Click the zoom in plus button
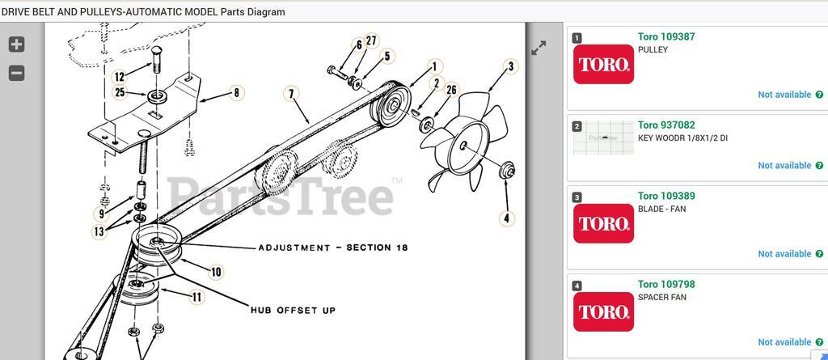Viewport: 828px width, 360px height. [x=16, y=44]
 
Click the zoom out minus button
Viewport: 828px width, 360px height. [x=16, y=73]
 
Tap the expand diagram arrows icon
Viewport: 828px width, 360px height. [x=538, y=48]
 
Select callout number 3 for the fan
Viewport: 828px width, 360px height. [x=510, y=67]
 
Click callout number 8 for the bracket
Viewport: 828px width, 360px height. [x=236, y=93]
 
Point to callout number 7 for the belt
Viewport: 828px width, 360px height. [x=291, y=94]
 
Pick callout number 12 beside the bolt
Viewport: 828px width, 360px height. [x=120, y=77]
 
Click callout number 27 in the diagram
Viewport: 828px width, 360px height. [x=372, y=40]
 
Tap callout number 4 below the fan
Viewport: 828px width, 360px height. [x=506, y=218]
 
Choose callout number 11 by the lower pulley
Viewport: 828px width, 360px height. [x=196, y=297]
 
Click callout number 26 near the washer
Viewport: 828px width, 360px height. [x=451, y=90]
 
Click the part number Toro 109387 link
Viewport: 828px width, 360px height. [x=666, y=36]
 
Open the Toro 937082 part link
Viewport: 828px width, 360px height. [x=666, y=125]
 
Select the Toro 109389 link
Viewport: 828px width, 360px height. [x=666, y=196]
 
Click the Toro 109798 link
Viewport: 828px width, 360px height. [x=666, y=284]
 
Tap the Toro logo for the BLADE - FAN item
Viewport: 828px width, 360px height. [x=603, y=223]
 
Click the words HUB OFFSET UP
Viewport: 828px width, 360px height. [x=293, y=311]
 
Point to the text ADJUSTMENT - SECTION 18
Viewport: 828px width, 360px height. [x=332, y=248]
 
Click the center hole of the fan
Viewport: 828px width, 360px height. [x=463, y=146]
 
